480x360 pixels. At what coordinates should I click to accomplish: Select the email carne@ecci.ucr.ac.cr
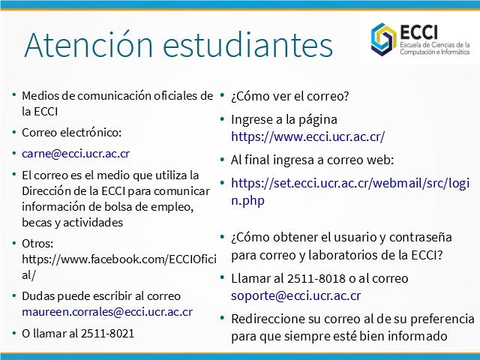76,153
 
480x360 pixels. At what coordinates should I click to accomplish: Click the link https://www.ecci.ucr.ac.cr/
307,136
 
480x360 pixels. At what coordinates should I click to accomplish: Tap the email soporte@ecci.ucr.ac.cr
295,295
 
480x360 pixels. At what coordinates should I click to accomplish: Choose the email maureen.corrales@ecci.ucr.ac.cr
107,312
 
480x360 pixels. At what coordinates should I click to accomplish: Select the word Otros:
37,244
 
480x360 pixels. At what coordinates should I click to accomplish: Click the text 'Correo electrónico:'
72,133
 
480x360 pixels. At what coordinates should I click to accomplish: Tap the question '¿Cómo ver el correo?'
290,97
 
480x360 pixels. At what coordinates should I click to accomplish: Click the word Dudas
38,296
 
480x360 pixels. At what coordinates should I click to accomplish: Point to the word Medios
40,96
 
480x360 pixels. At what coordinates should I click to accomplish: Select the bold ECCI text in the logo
418,31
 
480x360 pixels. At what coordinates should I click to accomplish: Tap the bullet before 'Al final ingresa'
223,160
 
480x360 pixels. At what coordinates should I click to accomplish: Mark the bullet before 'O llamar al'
14,333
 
